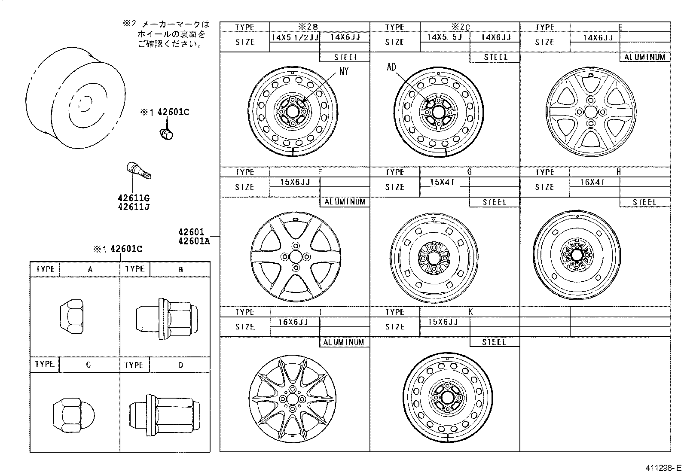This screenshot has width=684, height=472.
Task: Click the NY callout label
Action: coord(344,71)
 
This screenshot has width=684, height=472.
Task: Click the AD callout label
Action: coord(391,67)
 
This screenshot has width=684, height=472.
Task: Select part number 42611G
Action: coord(134,198)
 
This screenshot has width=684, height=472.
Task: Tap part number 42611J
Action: coord(134,207)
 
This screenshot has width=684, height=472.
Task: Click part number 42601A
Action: coord(194,241)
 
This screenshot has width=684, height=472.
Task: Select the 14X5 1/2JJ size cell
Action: coord(294,37)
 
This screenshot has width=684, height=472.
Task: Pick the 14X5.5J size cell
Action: coord(444,37)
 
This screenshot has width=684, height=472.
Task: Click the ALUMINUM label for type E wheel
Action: coord(644,57)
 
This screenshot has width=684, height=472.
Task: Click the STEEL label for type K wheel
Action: coord(494,342)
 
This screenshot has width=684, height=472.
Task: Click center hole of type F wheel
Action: coord(295,257)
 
